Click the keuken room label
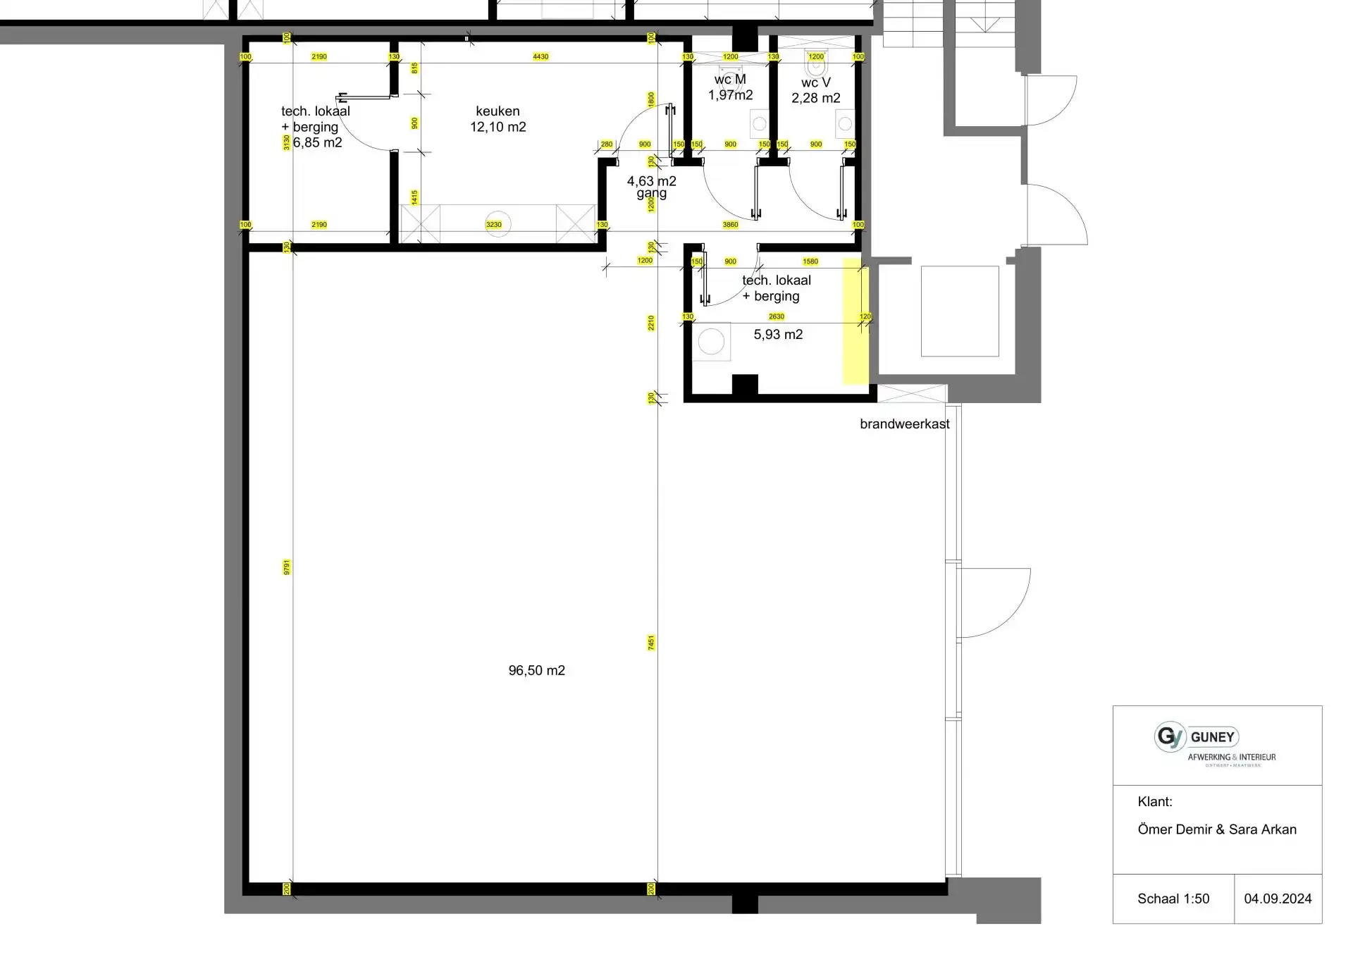pyautogui.click(x=498, y=111)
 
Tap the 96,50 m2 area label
pyautogui.click(x=536, y=671)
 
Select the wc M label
pyautogui.click(x=730, y=80)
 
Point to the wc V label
pyautogui.click(x=815, y=82)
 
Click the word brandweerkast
pyautogui.click(x=904, y=424)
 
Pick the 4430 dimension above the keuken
pyautogui.click(x=540, y=56)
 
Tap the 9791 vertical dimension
pyautogui.click(x=287, y=567)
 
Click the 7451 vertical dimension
pyautogui.click(x=651, y=643)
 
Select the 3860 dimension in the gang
pyautogui.click(x=730, y=225)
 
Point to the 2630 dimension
pyautogui.click(x=776, y=317)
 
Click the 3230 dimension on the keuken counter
pyautogui.click(x=494, y=225)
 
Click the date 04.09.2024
pyautogui.click(x=1278, y=899)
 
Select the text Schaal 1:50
pyautogui.click(x=1173, y=899)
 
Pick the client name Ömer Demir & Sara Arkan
pyautogui.click(x=1216, y=829)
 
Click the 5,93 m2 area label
pyautogui.click(x=778, y=335)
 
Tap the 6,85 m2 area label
pyautogui.click(x=317, y=142)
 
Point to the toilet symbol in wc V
pyautogui.click(x=816, y=67)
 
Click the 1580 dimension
pyautogui.click(x=810, y=261)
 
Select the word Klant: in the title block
pyautogui.click(x=1154, y=802)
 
